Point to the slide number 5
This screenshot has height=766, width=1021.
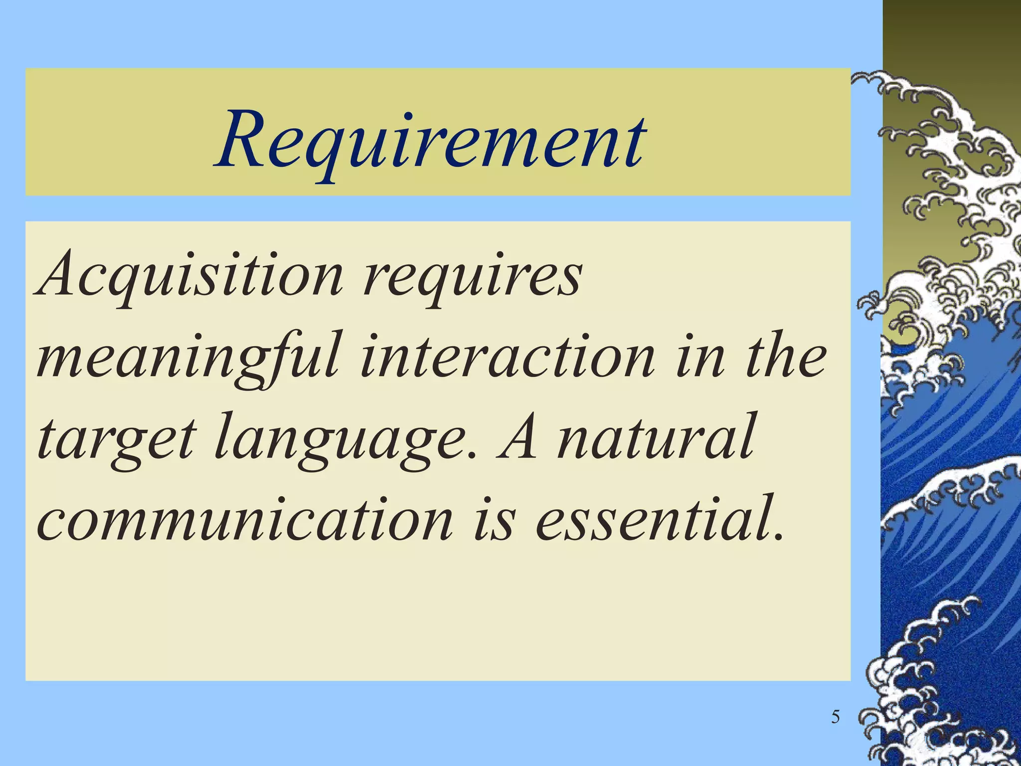click(836, 717)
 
